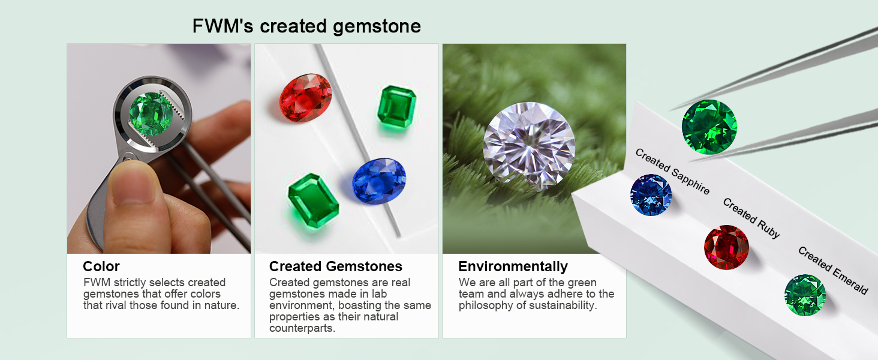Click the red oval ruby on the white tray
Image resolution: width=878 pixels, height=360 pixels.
pyautogui.click(x=305, y=98)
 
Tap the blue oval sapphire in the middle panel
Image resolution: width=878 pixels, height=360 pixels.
pyautogui.click(x=379, y=181)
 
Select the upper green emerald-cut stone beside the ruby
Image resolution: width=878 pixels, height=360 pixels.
pyautogui.click(x=396, y=106)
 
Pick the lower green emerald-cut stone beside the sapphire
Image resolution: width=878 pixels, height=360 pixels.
pyautogui.click(x=313, y=200)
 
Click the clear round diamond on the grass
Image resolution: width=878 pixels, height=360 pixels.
pyautogui.click(x=529, y=146)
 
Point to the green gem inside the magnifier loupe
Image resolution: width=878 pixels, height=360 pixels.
pyautogui.click(x=151, y=114)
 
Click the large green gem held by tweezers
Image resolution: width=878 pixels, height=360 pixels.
pyautogui.click(x=709, y=127)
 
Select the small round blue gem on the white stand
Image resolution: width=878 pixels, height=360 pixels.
pyautogui.click(x=651, y=195)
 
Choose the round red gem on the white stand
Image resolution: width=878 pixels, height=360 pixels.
pyautogui.click(x=726, y=247)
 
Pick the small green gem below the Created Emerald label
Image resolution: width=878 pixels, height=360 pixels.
pyautogui.click(x=805, y=295)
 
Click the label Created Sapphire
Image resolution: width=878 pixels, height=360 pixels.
pyautogui.click(x=672, y=172)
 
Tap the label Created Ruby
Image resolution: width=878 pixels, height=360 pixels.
pyautogui.click(x=751, y=218)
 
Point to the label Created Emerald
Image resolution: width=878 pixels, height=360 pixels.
pyautogui.click(x=833, y=270)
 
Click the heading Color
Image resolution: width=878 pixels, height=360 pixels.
pyautogui.click(x=101, y=266)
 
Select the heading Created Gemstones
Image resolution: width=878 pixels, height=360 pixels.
pyautogui.click(x=335, y=266)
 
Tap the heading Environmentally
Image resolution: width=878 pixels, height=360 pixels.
pyautogui.click(x=513, y=266)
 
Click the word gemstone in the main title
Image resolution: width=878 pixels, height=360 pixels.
pyautogui.click(x=377, y=26)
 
